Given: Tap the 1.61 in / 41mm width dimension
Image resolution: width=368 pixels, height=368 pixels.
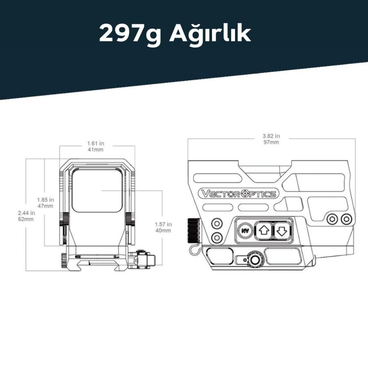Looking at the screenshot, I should click(95, 146).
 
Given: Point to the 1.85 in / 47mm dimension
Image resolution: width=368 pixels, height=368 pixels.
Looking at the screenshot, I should click(46, 203).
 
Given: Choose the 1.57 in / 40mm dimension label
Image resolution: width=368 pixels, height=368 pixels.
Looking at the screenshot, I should click(163, 227).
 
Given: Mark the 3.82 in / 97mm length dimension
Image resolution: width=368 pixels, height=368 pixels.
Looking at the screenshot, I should click(271, 139).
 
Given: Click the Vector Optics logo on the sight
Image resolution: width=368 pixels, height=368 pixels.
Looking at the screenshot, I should click(238, 194).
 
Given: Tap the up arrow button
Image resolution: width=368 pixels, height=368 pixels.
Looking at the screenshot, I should click(263, 231).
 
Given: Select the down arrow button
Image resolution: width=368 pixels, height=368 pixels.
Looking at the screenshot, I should click(282, 231).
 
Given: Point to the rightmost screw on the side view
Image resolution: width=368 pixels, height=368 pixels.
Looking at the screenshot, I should click(346, 219).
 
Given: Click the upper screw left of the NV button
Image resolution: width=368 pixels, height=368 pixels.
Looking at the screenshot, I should click(217, 223).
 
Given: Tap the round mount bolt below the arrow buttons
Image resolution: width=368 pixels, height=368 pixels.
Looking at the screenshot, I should click(253, 260).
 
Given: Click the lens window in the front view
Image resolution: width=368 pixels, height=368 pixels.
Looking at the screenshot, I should click(97, 191).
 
